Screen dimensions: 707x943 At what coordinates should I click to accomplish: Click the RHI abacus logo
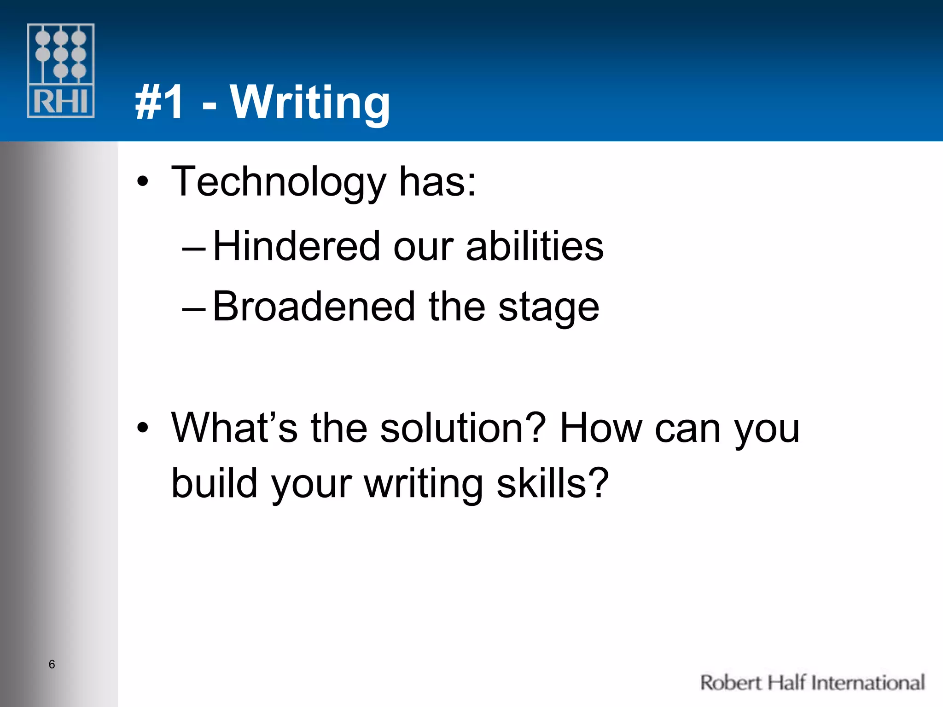61,70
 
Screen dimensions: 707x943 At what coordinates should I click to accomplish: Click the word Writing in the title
310,102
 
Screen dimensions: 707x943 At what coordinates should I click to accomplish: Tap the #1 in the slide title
160,103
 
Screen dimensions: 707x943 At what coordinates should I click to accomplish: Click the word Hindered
297,246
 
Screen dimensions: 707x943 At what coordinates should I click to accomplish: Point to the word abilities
535,246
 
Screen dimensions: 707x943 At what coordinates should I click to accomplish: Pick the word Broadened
314,307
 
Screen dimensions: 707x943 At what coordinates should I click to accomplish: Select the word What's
234,428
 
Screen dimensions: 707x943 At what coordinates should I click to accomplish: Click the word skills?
553,483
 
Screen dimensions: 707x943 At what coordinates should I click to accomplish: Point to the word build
215,483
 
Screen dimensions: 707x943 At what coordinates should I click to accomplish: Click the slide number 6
52,664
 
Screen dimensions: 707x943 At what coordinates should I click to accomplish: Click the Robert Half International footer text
812,683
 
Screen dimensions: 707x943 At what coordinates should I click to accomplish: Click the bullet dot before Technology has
143,182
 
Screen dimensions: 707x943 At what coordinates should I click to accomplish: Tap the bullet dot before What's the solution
143,428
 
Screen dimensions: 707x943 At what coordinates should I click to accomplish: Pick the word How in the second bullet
600,428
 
